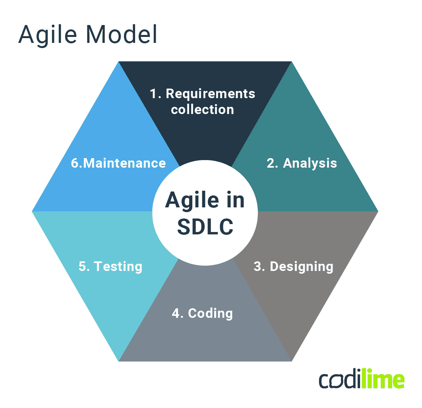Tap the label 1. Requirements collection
pyautogui.click(x=203, y=101)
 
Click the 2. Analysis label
pyautogui.click(x=302, y=163)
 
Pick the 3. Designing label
pyautogui.click(x=293, y=266)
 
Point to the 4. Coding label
pyautogui.click(x=202, y=313)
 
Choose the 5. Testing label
pyautogui.click(x=110, y=266)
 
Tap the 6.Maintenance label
pyautogui.click(x=118, y=163)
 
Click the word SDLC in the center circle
pyautogui.click(x=205, y=226)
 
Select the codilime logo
pyautogui.click(x=362, y=380)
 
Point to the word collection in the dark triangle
pyautogui.click(x=203, y=109)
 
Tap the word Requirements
pyautogui.click(x=210, y=94)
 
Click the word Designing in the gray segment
pyautogui.click(x=301, y=267)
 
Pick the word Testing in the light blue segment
pyautogui.click(x=118, y=266)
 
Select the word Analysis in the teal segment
pyautogui.click(x=310, y=163)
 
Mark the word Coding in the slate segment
pyautogui.click(x=210, y=313)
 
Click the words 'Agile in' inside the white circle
pyautogui.click(x=205, y=200)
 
